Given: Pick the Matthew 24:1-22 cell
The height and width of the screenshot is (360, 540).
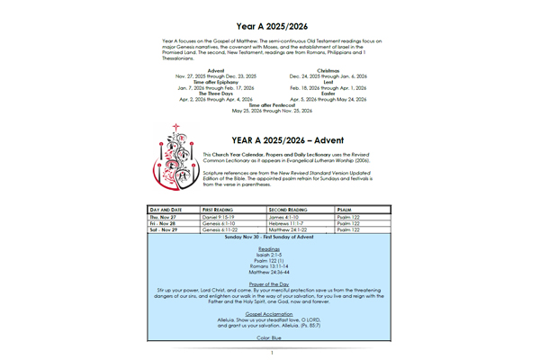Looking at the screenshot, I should pos(290,230).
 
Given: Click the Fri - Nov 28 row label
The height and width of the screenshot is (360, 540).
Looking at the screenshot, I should pos(168,223).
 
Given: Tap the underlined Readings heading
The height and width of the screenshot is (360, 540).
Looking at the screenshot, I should pos(270,248).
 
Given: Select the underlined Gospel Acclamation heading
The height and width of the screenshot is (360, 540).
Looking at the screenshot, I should pos(270,316).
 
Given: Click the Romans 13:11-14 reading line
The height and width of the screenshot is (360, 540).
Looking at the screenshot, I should pos(270,265).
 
